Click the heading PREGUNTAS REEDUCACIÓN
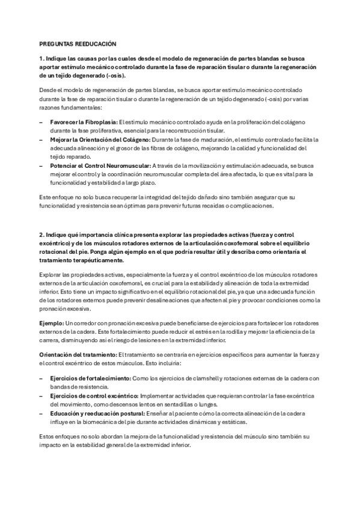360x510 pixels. pos(78,45)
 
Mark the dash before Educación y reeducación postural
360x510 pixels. pos(41,414)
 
